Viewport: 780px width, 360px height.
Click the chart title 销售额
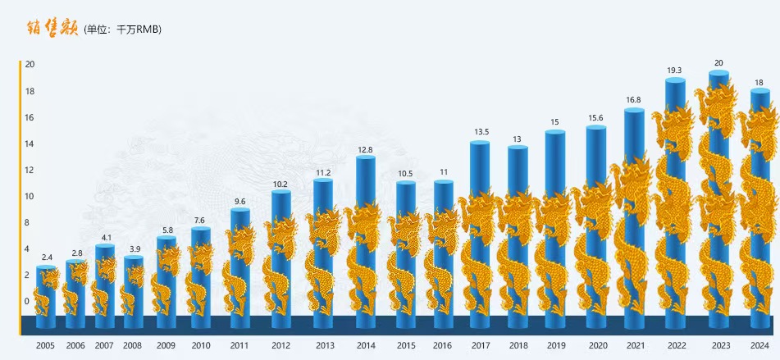53,28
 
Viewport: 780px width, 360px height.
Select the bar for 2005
46,291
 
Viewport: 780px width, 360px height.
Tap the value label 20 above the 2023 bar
719,63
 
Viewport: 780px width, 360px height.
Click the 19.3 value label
675,71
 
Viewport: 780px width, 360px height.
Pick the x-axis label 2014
366,346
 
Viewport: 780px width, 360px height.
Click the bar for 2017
480,230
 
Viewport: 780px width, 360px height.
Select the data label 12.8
366,149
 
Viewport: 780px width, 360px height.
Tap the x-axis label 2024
759,346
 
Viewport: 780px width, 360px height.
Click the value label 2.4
46,257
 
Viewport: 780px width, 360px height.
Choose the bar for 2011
239,262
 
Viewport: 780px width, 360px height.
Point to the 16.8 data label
633,100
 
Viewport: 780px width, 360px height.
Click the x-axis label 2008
133,346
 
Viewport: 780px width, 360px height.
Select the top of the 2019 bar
555,131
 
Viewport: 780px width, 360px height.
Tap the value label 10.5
405,174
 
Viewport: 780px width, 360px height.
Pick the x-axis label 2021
633,346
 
